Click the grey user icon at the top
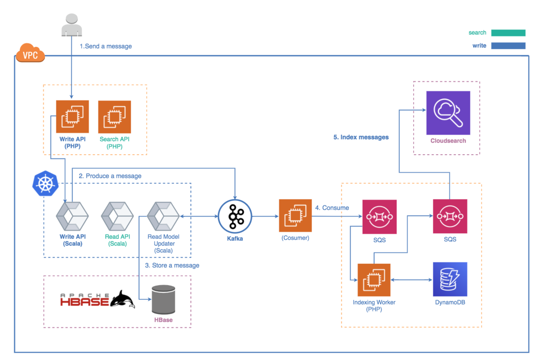(72, 25)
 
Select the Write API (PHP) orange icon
(72, 117)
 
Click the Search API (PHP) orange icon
(114, 117)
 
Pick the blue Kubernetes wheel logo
(46, 184)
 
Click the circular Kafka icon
(235, 216)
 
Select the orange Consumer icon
(295, 216)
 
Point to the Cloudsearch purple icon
(448, 113)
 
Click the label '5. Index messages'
(361, 137)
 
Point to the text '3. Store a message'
(172, 265)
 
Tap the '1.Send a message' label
(106, 46)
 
